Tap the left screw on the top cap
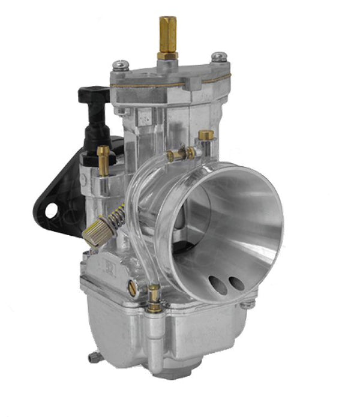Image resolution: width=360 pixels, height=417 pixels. (x=122, y=64)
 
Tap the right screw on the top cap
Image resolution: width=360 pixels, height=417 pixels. (x=219, y=57)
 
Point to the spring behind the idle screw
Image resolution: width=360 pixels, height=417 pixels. (x=117, y=215)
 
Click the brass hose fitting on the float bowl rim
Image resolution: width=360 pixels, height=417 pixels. (x=154, y=298)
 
